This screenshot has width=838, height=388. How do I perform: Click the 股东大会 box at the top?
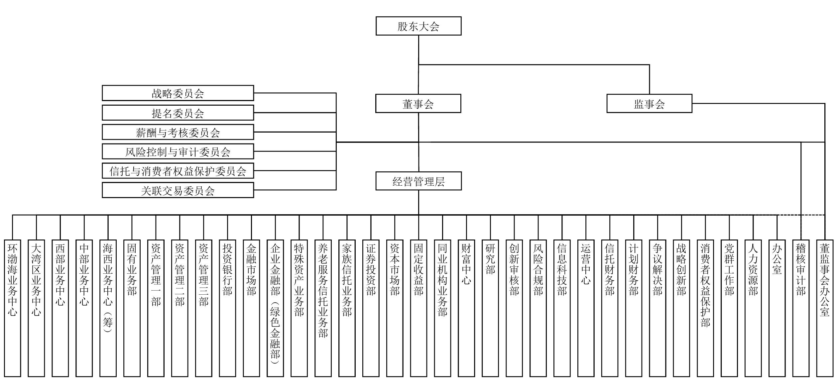418,26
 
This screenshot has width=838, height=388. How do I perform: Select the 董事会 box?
418,104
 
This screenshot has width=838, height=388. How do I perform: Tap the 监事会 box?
649,104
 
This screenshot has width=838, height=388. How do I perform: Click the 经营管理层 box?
418,181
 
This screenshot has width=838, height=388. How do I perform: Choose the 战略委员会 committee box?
178,93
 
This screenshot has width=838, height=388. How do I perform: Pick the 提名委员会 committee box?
178,113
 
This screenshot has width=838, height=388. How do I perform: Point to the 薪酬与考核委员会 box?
178,132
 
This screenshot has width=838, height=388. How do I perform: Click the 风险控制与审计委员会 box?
178,151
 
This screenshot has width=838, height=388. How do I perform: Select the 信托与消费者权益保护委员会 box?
178,171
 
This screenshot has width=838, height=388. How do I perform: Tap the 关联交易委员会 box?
178,190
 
